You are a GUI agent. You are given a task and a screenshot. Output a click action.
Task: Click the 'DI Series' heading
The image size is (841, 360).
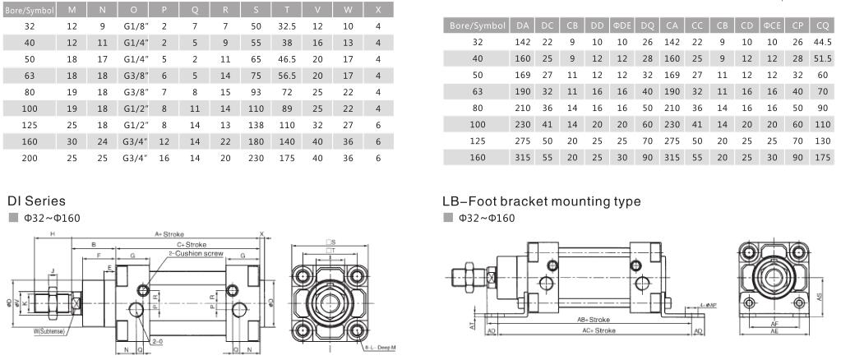[x=35, y=200]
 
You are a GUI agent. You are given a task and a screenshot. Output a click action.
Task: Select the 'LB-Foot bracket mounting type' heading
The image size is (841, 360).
[x=541, y=201]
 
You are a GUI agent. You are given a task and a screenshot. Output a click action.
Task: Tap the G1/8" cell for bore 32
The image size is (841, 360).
[x=134, y=26]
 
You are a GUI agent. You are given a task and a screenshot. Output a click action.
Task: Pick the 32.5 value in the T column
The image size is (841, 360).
[x=286, y=26]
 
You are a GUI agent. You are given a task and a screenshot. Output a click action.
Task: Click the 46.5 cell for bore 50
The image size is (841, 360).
[x=286, y=59]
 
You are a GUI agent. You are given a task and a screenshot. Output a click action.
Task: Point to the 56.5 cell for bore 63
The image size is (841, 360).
[x=286, y=76]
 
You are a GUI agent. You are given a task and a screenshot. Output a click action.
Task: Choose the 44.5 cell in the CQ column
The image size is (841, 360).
[x=820, y=41]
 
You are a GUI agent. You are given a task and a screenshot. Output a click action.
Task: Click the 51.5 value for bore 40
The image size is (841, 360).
[x=820, y=58]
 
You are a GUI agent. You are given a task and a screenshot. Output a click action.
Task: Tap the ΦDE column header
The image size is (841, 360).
[x=622, y=25]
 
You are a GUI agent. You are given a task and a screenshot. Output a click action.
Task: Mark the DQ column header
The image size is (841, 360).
[x=648, y=25]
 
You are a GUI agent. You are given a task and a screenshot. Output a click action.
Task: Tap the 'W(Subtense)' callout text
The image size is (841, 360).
[x=50, y=331]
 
